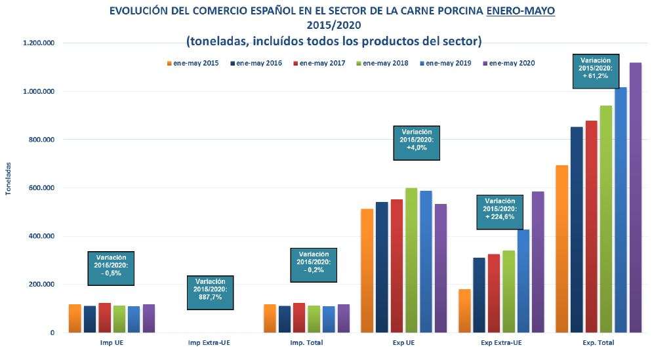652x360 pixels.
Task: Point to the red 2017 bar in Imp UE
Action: [x=104, y=318]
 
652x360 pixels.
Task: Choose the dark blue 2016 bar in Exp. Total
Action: [x=577, y=230]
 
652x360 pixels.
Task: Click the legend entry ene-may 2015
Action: [x=192, y=64]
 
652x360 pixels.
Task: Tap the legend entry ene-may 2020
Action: [x=514, y=64]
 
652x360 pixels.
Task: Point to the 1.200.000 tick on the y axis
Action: [x=38, y=43]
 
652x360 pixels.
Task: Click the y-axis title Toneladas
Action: [x=8, y=179]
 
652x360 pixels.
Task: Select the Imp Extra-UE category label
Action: [x=209, y=343]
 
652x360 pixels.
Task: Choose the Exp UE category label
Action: [x=404, y=343]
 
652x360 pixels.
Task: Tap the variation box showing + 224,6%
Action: [x=500, y=212]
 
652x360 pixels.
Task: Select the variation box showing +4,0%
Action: [x=417, y=143]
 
